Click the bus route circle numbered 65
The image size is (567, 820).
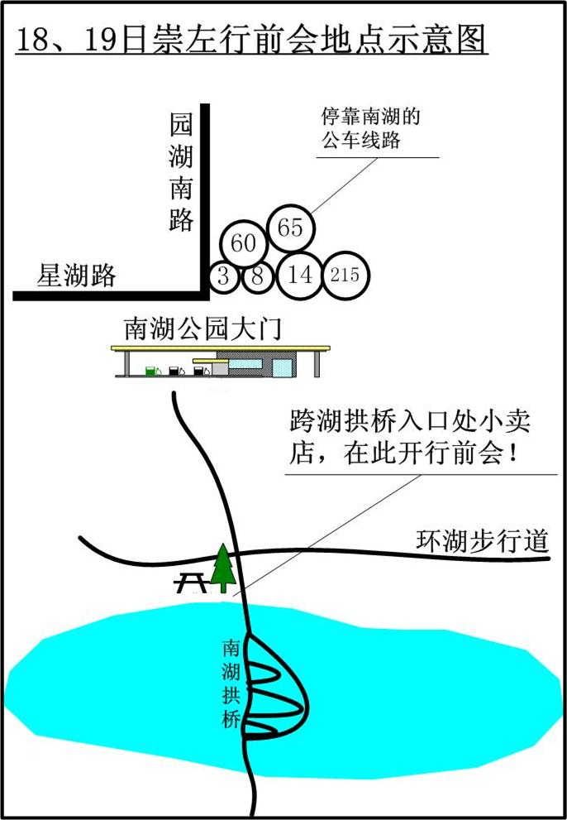291,228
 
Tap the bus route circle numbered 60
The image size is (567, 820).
243,243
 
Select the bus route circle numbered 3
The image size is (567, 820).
224,276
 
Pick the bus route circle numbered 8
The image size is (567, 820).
257,276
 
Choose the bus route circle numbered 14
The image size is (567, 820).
301,275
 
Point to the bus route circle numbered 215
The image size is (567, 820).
345,276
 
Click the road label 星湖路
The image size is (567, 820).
76,276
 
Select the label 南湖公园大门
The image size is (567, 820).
202,328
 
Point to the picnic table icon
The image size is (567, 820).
192,583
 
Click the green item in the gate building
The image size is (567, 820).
151,370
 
